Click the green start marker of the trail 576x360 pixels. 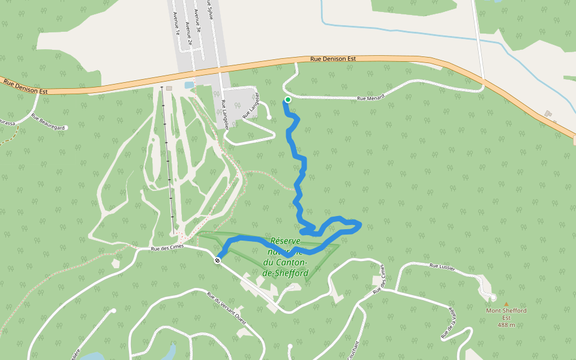pos(288,100)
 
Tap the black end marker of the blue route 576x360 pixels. pos(217,260)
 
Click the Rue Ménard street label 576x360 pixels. pos(370,97)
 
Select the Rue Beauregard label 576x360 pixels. pos(47,122)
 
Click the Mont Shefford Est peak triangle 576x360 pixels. pos(506,304)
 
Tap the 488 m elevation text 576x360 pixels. pos(506,325)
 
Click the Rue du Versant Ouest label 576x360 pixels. pos(226,305)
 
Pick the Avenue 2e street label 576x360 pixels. pos(189,34)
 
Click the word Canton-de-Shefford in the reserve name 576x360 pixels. pos(286,268)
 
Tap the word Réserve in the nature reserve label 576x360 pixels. pos(286,241)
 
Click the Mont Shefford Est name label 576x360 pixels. pos(506,314)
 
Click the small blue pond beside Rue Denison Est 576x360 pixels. pos(189,85)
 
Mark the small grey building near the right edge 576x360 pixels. pos(548,113)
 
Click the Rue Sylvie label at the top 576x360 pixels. pos(210,10)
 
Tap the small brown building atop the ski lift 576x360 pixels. pos(169,88)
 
